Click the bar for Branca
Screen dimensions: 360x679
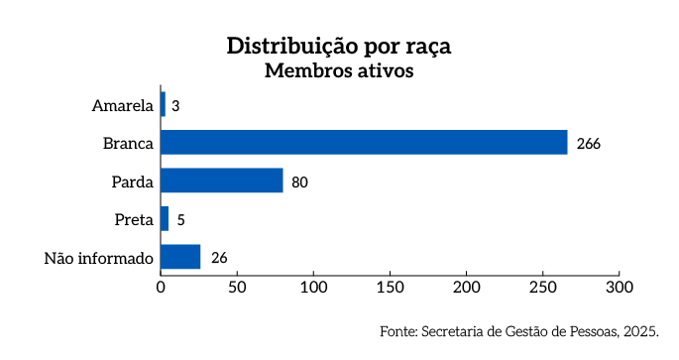pos(364,142)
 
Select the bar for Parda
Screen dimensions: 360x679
pos(222,180)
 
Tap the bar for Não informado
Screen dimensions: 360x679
pos(180,257)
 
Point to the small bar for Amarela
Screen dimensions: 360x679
pos(164,104)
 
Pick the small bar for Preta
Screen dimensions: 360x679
pos(165,218)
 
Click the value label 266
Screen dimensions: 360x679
pos(589,143)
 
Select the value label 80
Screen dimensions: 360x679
pos(300,181)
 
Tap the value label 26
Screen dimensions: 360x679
pos(219,258)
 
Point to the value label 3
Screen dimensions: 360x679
pos(175,105)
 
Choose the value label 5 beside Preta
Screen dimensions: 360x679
pos(180,219)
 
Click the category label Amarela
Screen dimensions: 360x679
pos(123,105)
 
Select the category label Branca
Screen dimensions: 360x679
pos(128,143)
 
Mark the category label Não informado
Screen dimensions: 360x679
pos(99,258)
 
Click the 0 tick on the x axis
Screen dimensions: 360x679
pos(161,288)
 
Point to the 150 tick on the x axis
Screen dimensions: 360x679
pos(390,288)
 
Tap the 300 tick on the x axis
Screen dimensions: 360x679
pos(619,288)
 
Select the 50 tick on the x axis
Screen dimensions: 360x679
pos(237,288)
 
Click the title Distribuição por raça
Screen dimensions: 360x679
pos(338,47)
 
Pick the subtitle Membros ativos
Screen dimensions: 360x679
pos(338,71)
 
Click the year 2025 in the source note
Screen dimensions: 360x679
pos(642,331)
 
